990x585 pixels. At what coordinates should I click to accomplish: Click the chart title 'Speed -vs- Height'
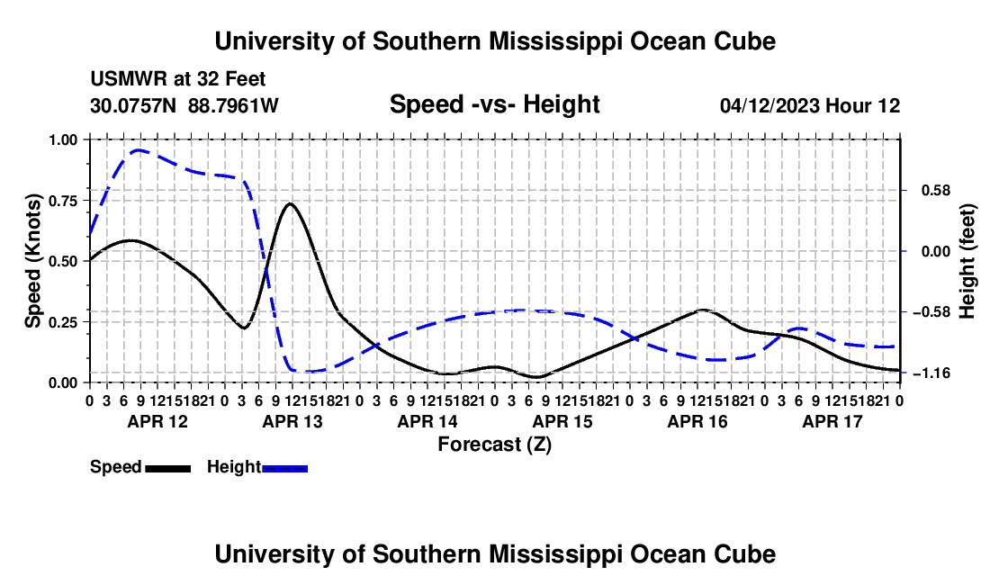(494, 104)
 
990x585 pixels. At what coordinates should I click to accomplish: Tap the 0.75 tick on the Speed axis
(65, 201)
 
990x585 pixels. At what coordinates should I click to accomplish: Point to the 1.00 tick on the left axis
(65, 139)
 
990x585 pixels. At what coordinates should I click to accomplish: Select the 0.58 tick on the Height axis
(936, 191)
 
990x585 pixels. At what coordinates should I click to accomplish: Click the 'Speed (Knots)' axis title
(32, 261)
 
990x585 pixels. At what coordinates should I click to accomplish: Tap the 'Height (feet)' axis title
(967, 261)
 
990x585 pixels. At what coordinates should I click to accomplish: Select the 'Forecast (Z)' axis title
(494, 445)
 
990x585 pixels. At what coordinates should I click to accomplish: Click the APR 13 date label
(292, 421)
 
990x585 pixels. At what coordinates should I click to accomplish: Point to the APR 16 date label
(697, 421)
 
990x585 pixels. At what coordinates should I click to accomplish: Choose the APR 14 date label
(427, 421)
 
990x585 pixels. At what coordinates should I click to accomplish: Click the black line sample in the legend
(168, 468)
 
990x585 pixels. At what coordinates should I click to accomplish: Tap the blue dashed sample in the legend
(284, 468)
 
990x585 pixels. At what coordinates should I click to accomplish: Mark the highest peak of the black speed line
(290, 203)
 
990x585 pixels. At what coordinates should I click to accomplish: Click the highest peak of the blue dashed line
(139, 150)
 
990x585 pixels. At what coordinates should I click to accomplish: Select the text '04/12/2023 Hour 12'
(810, 105)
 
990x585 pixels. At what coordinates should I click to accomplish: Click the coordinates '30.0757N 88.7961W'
(184, 105)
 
